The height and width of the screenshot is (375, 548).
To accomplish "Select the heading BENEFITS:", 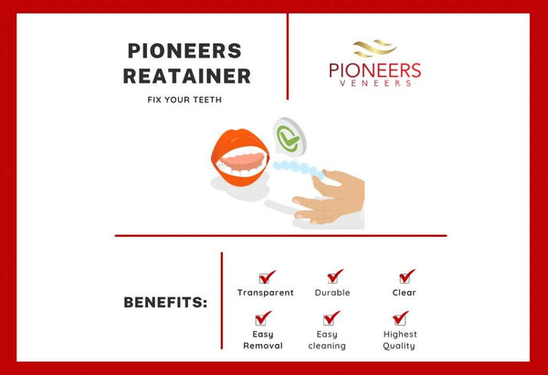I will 165,303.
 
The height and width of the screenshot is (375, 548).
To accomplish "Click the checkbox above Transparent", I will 266,276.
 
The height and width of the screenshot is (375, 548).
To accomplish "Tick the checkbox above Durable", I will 334,275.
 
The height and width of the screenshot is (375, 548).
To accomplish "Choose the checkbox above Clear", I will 406,275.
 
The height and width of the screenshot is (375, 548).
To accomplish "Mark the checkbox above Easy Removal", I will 263,317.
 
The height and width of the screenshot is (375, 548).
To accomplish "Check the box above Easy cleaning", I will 331,317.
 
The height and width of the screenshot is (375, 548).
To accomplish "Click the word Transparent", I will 266,293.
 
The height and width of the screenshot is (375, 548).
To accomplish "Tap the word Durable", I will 332,293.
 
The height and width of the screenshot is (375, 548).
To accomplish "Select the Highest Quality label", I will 399,340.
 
